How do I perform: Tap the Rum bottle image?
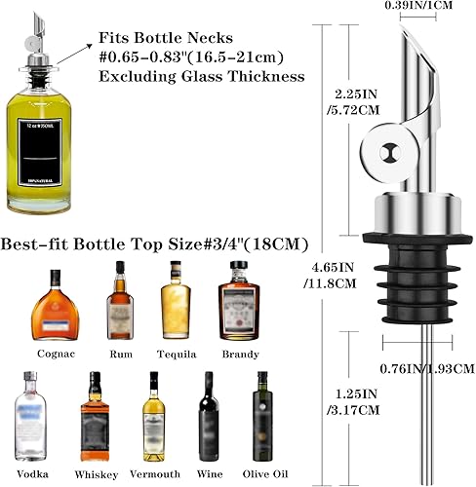tap(121, 300)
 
